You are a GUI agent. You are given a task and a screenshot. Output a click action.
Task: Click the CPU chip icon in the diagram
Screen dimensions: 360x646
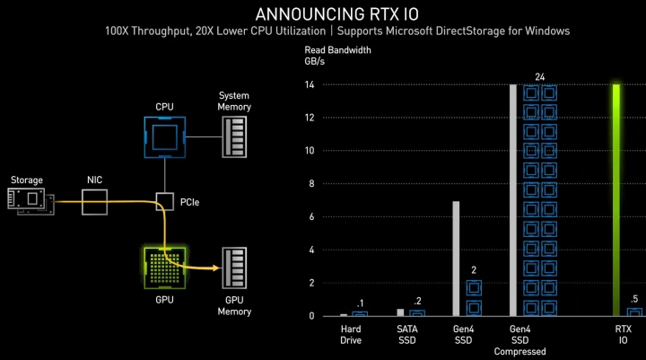click(165, 137)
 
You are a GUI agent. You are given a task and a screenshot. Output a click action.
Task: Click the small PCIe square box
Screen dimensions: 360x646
click(165, 202)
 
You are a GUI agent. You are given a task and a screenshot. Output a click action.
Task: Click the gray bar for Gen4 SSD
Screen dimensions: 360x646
click(456, 259)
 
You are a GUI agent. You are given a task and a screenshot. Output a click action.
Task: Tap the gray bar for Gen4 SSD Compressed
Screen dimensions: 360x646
click(513, 199)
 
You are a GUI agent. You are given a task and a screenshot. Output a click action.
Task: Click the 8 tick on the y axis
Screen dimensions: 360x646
click(310, 183)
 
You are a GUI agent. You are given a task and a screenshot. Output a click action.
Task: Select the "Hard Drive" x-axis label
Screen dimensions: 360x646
click(351, 334)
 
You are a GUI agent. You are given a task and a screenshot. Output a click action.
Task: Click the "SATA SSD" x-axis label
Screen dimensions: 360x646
click(408, 334)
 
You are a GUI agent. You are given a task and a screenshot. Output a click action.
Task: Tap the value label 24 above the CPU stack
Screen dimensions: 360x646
click(540, 77)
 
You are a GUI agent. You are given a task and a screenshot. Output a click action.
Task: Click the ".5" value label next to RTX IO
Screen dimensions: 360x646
click(634, 300)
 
